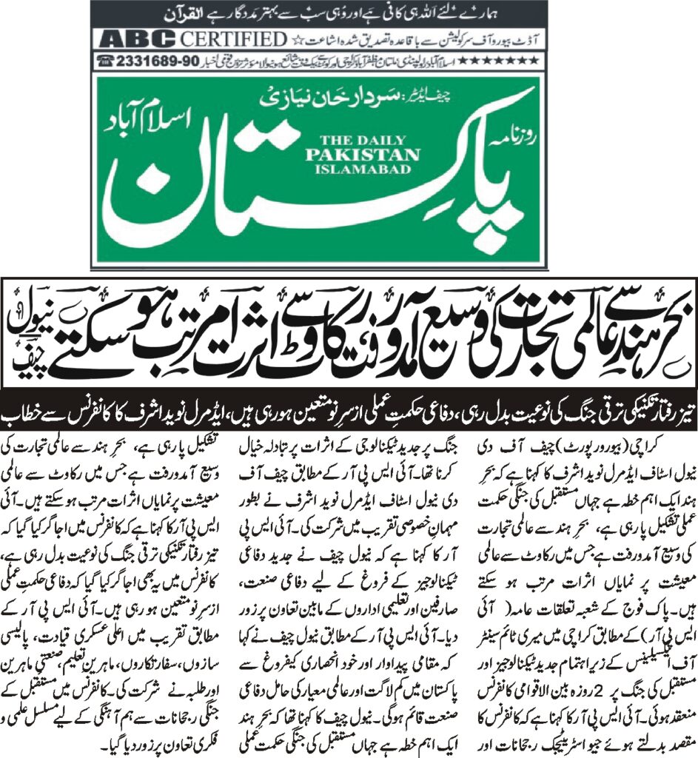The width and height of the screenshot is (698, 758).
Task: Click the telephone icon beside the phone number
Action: [107, 61]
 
